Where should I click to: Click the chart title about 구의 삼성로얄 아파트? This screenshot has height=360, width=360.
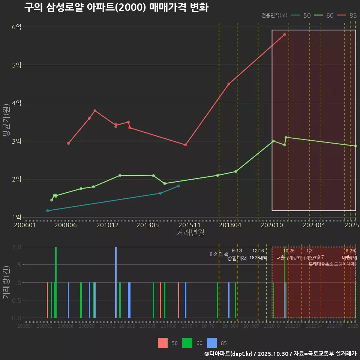point(116,7)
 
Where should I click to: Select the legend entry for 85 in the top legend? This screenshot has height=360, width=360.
point(347,15)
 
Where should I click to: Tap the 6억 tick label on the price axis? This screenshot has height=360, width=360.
point(17,27)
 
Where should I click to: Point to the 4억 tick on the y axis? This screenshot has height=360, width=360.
point(17,103)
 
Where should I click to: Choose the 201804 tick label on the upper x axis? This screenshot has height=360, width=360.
point(229,225)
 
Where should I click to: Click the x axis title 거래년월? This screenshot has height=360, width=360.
point(190,233)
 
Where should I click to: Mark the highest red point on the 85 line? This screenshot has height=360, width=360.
point(285,34)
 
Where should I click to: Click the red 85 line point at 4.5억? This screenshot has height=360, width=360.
point(229,84)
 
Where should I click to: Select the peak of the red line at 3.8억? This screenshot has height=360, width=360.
point(95,111)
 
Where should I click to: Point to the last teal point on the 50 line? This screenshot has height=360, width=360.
point(178,186)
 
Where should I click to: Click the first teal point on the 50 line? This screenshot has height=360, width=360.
point(47,211)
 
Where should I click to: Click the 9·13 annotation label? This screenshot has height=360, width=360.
point(237,250)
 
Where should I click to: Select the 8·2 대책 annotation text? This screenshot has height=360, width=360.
point(219,254)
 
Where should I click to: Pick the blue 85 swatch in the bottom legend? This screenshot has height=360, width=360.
point(212,343)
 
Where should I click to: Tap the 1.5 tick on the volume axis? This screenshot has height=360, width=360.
point(17,265)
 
